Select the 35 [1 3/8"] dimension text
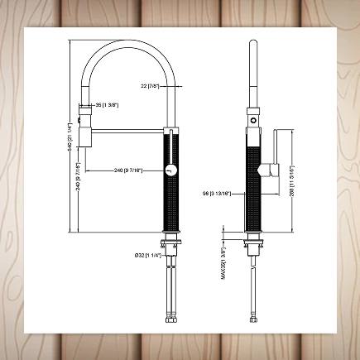click(x=108, y=105)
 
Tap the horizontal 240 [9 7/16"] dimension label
click(x=128, y=170)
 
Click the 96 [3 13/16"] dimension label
click(x=216, y=194)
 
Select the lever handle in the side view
click(x=269, y=170)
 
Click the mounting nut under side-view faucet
click(x=254, y=246)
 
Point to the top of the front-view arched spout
click(x=127, y=39)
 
